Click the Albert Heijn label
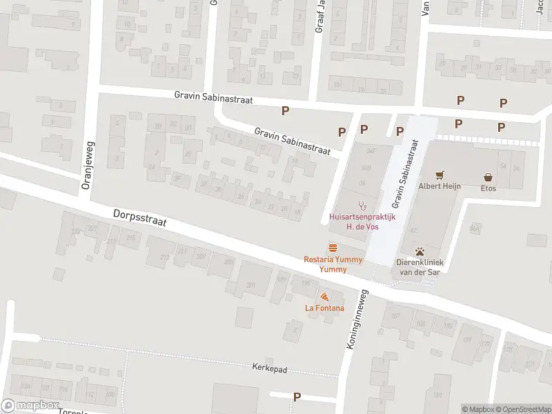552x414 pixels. [x=438, y=187]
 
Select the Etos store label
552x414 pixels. [x=489, y=188]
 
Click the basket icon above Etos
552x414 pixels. [x=489, y=177]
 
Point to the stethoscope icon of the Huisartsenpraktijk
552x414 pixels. [x=360, y=205]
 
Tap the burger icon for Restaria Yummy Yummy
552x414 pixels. [x=333, y=248]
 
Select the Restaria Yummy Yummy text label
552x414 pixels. [x=333, y=264]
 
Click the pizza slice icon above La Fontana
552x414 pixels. [x=324, y=297]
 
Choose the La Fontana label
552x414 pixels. [x=324, y=308]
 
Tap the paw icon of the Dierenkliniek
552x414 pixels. [x=419, y=251]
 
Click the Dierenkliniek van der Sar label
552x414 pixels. [x=418, y=266]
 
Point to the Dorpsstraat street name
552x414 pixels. [x=141, y=222]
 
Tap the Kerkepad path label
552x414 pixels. [x=269, y=368]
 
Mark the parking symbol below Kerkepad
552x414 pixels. [x=297, y=397]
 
